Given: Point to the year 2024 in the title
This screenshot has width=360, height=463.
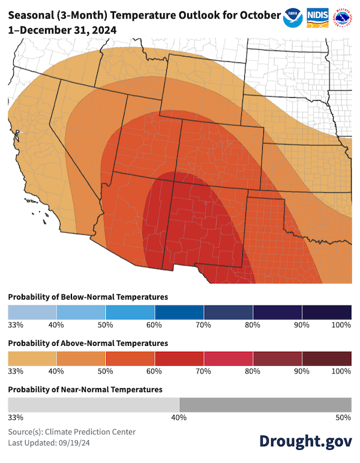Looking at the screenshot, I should coord(98,29).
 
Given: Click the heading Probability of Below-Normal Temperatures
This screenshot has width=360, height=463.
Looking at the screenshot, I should coord(88,297).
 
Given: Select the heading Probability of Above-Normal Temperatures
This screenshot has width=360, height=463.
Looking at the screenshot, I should coord(88,343).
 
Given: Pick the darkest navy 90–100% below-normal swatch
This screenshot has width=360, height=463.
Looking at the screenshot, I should coord(327,312).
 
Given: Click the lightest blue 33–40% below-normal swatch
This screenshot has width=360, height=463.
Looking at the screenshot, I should coord(32,312).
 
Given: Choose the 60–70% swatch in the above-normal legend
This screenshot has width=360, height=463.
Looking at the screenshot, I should coord(179,359).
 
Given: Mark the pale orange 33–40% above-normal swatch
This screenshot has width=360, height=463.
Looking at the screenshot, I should coord(32,359).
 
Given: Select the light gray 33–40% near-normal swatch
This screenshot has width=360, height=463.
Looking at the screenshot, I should coord(94,404).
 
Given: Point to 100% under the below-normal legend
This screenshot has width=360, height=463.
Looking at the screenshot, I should coord(341,325).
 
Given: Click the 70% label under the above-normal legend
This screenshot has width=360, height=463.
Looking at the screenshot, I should coord(203,371).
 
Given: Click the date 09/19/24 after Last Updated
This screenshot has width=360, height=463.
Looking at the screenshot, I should coord(74,443).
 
